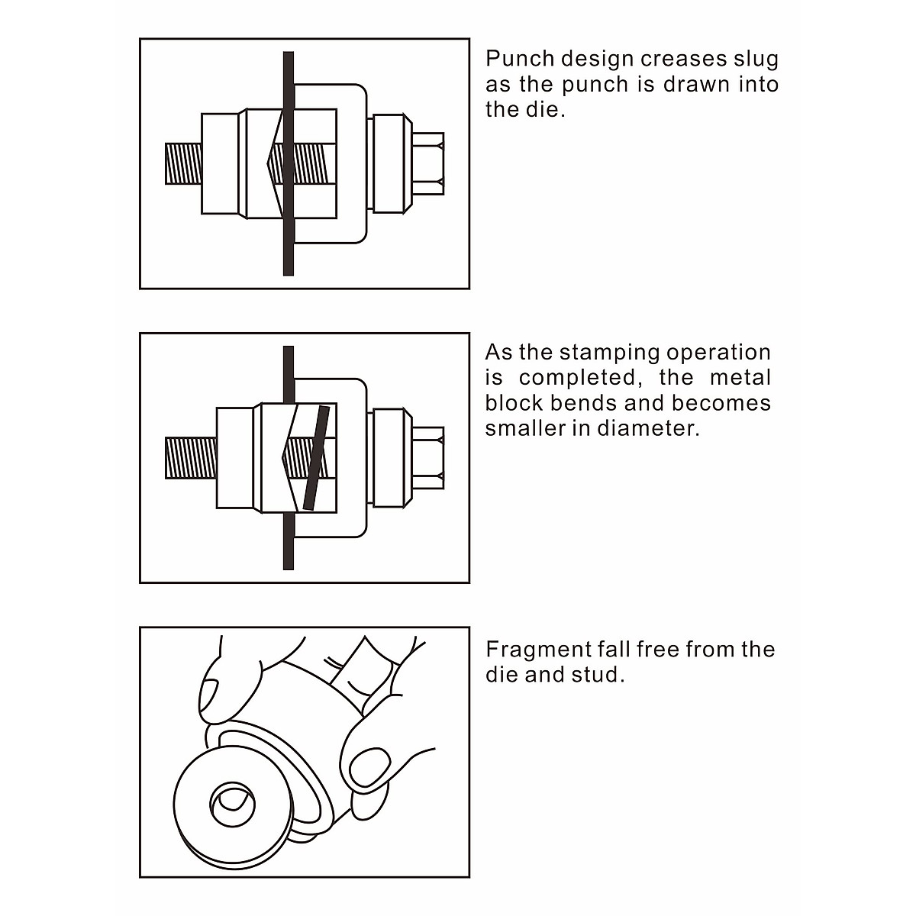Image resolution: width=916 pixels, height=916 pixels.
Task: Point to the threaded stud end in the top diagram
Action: [183, 163]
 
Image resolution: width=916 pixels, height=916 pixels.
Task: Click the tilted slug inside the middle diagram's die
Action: [315, 458]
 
